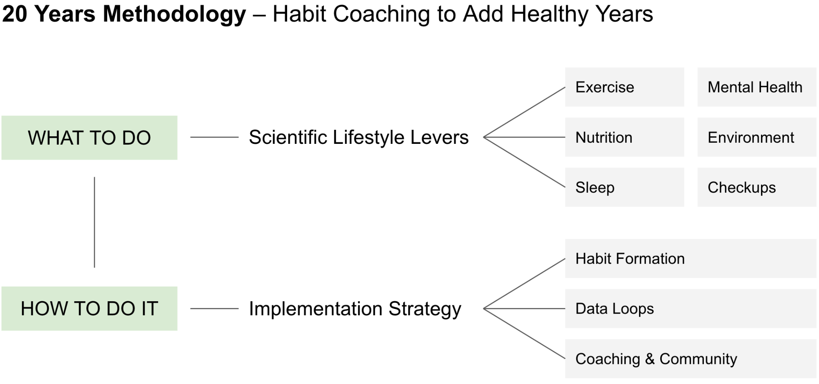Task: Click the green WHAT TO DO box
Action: coord(89,138)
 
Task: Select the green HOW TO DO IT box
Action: coord(89,308)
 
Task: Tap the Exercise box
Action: coord(624,87)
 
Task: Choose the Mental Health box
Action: coord(757,87)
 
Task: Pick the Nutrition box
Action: coord(624,137)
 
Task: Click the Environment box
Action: coord(757,137)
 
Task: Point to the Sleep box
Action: coord(624,187)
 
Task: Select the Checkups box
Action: coord(757,187)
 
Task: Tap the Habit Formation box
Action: coord(691,259)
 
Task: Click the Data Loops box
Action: coord(691,308)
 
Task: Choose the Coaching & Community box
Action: coord(691,359)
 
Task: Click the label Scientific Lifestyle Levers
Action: coord(359,137)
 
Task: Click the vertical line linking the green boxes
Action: coord(94,222)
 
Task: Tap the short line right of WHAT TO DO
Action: coord(214,137)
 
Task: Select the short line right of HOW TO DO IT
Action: coord(214,308)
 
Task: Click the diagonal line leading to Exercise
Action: coord(524,112)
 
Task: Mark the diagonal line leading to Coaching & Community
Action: coord(524,334)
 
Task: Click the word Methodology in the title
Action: coord(174,15)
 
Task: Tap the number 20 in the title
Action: coord(15,14)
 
